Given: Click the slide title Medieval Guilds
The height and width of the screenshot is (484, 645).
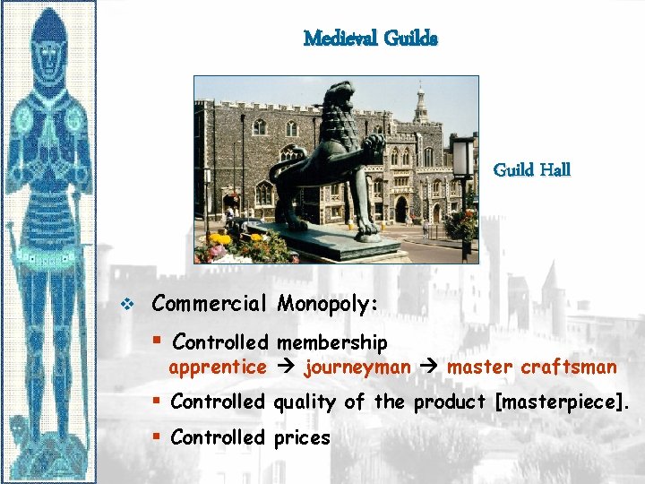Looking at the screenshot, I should (x=370, y=39).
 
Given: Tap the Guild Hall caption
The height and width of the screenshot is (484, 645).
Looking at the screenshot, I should (x=531, y=169).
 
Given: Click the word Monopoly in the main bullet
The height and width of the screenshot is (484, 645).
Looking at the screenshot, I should (x=326, y=304).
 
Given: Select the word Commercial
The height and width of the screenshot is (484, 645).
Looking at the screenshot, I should (x=210, y=303).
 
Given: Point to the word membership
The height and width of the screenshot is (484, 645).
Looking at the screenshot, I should (x=331, y=342).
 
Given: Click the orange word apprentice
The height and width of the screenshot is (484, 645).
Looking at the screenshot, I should (x=218, y=367).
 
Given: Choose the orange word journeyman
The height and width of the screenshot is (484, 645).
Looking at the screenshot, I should (x=357, y=367).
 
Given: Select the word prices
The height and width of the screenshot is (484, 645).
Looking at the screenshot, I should (x=302, y=438).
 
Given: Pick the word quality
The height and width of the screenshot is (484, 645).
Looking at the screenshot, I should (x=306, y=402).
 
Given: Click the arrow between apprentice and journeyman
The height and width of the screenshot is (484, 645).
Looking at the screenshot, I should (x=285, y=367).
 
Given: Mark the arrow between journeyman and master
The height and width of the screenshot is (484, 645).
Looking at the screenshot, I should (x=429, y=367).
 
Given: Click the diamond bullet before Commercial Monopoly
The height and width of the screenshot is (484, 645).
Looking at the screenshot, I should (x=126, y=305).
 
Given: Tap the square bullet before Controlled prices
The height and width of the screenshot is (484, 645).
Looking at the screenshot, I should (x=156, y=437).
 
